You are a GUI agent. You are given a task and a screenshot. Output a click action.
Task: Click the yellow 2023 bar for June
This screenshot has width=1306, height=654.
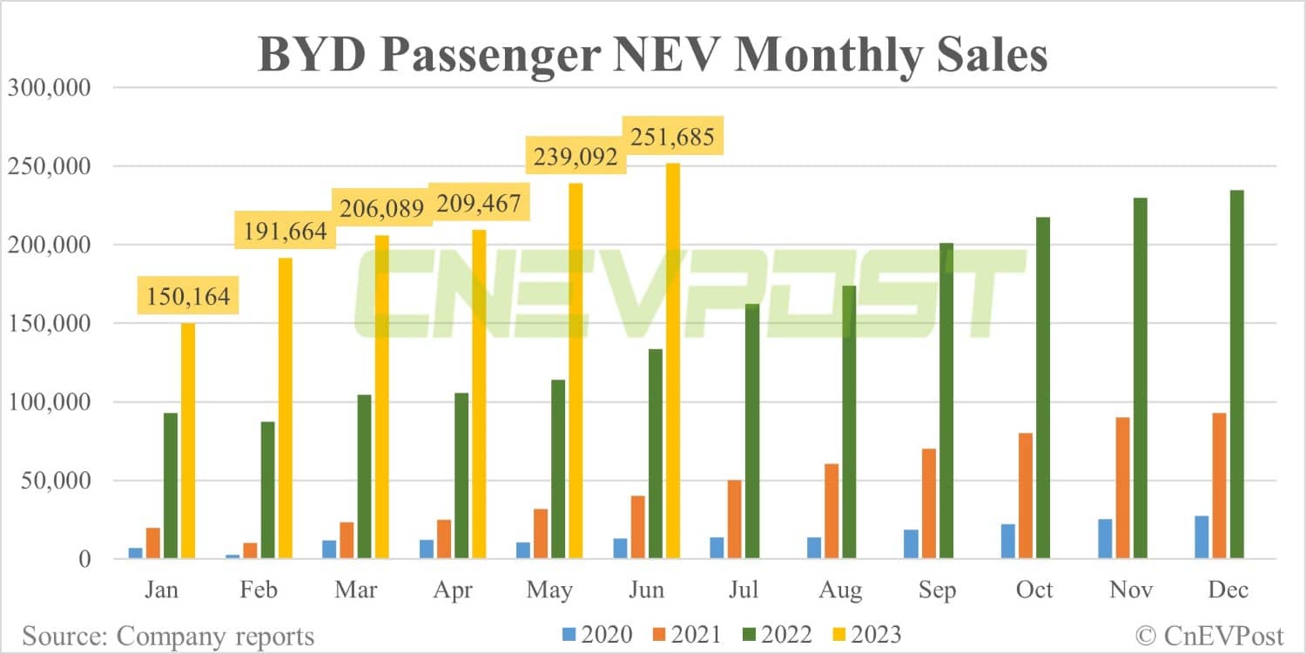point(673,361)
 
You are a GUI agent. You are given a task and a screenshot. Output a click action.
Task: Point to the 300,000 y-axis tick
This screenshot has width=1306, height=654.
point(50,88)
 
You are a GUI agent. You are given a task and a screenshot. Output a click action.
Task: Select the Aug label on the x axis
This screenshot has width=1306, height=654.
point(840,590)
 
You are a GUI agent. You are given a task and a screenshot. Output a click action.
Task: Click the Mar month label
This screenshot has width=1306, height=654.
point(355,590)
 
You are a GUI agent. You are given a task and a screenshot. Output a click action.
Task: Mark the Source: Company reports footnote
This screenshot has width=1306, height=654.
point(168,636)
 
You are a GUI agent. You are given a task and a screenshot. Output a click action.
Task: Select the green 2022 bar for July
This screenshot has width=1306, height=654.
point(752,431)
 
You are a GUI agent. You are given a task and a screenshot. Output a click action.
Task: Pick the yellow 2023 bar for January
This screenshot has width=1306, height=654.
point(188,440)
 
